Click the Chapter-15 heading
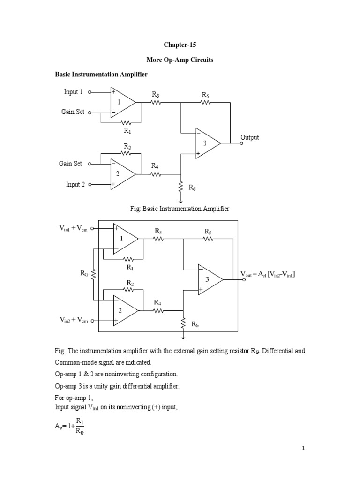pos(180,45)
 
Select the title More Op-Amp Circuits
pos(180,60)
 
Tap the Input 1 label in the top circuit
pos(73,92)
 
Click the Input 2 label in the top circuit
pos(75,184)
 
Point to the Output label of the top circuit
pos(249,137)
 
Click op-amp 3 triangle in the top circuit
pos(208,143)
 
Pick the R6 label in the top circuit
pos(192,187)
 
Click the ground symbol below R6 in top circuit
pos(181,201)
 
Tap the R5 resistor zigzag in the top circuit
pos(206,103)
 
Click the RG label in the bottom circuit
pos(84,273)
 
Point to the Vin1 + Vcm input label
pos(74,228)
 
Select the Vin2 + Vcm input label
pos(74,320)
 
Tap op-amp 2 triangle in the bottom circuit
pos(126,310)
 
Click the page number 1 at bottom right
pos(303,449)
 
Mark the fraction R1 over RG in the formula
pos(80,426)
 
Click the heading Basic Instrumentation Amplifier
pos(101,75)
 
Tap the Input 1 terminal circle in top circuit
pos(90,92)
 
